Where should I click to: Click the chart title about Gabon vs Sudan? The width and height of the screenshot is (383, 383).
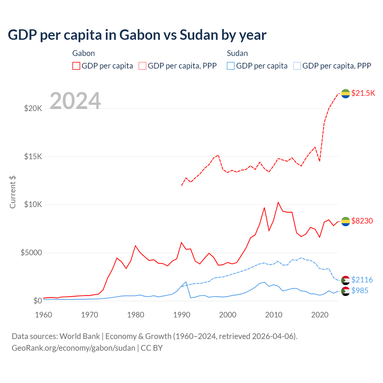(137, 35)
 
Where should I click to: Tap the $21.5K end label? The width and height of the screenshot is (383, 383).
(363, 93)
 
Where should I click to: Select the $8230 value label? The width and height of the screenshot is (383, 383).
(362, 221)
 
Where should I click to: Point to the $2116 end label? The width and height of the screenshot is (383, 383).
(362, 280)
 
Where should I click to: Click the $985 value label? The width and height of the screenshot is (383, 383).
(360, 291)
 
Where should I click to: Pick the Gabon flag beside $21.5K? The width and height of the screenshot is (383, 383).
(346, 94)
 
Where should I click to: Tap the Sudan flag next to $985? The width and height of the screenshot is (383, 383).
(346, 291)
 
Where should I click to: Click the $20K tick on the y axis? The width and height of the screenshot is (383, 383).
(33, 108)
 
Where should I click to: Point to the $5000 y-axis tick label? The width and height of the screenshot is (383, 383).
(31, 253)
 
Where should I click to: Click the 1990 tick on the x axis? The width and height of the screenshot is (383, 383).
(182, 315)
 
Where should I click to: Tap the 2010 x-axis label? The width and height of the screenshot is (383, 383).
(274, 315)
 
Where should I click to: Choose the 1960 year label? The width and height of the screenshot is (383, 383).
(44, 315)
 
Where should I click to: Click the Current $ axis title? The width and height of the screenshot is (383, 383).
(13, 192)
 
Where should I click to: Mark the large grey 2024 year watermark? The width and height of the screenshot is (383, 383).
(75, 101)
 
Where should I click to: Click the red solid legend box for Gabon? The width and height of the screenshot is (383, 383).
(76, 66)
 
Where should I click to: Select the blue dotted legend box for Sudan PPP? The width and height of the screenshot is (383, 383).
(297, 66)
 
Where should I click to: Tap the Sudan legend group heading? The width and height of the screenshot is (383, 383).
(237, 53)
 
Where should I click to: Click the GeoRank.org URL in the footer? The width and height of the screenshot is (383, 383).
(73, 348)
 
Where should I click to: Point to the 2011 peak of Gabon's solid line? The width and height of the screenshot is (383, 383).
(278, 202)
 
